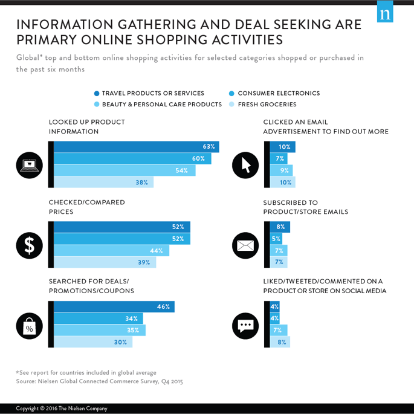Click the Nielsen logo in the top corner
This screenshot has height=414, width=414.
click(x=385, y=12)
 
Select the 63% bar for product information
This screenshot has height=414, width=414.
click(x=136, y=147)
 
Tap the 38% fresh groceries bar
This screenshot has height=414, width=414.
click(x=103, y=182)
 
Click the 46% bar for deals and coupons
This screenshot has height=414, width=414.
click(x=114, y=306)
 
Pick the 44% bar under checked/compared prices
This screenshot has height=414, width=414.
click(x=111, y=250)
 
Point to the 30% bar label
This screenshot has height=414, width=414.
click(x=120, y=342)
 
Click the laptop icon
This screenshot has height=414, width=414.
click(x=29, y=164)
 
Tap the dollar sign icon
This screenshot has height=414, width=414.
click(x=29, y=245)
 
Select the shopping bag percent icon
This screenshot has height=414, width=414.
click(x=29, y=326)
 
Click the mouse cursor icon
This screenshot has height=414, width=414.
click(x=245, y=164)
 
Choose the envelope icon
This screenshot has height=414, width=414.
click(x=245, y=245)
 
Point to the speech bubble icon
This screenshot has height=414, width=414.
click(x=245, y=326)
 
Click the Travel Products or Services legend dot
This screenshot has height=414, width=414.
click(x=97, y=94)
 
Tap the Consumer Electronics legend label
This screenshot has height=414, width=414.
click(x=279, y=94)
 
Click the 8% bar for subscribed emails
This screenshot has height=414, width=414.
click(x=280, y=227)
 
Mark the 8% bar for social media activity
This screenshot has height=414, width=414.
click(x=280, y=342)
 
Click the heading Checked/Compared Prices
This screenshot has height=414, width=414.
click(x=87, y=207)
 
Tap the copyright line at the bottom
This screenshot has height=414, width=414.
click(x=62, y=409)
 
